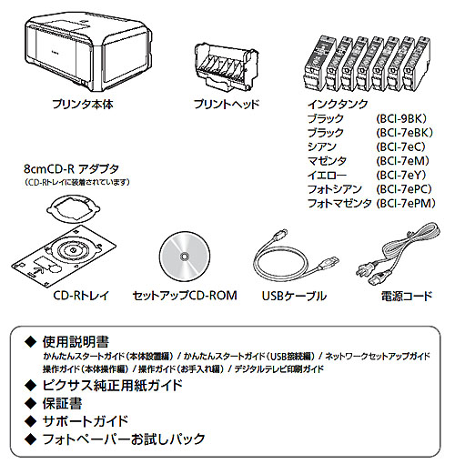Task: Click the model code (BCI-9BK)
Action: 401,119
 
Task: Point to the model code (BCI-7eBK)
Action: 404,133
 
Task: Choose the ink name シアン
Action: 322,147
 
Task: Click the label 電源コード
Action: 405,297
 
